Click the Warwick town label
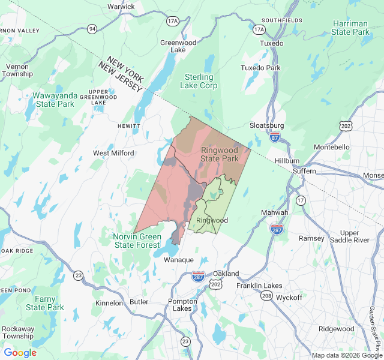(x=121, y=7)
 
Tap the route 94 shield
(x=92, y=29)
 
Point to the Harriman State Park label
(x=351, y=28)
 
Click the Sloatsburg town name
(x=266, y=125)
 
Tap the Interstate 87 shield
(x=274, y=137)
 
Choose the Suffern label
(x=304, y=171)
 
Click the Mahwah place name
(x=275, y=212)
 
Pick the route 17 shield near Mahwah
(x=301, y=200)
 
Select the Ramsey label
(x=311, y=238)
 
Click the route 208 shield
(x=267, y=296)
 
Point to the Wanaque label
(x=179, y=260)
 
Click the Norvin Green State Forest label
(x=137, y=241)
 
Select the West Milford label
(x=113, y=153)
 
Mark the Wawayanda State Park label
(x=53, y=100)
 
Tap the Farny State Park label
(x=45, y=303)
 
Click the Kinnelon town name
(x=109, y=303)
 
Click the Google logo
(x=20, y=353)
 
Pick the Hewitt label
(x=129, y=127)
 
